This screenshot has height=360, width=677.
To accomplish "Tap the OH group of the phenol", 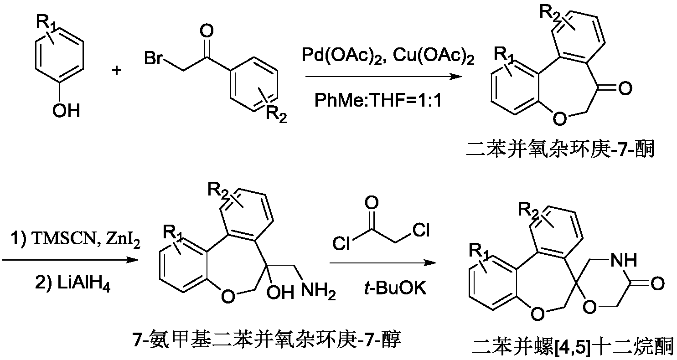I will coord(66,110).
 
